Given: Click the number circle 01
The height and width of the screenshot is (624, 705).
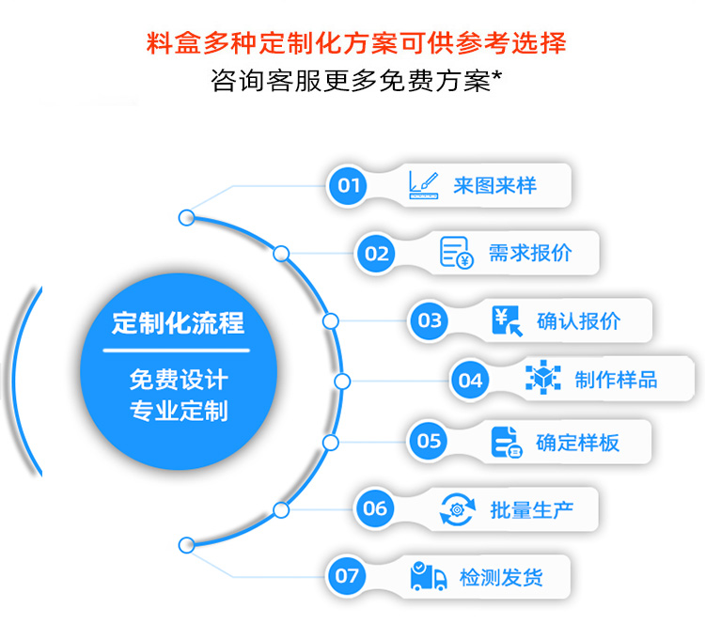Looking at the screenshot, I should coord(349,185).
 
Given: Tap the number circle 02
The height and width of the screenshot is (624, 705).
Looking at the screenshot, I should coord(376,253).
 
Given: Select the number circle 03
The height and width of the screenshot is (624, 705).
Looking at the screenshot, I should coord(430,320).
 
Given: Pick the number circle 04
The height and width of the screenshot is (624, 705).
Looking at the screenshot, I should coord(469,380).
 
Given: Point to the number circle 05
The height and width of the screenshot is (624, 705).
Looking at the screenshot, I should coord(429,440).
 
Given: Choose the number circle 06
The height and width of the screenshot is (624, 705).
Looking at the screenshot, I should coord(374,508).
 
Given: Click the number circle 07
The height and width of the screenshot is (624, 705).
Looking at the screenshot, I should coord(347,575).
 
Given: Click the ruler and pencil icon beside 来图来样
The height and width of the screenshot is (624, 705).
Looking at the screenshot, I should coord(423,184).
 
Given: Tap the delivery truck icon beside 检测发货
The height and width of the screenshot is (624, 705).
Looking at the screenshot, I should coord(429,575).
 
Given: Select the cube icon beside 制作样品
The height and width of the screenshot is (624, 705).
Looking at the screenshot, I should coord(543,380).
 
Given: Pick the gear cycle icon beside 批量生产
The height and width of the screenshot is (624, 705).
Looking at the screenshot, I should coord(458,508).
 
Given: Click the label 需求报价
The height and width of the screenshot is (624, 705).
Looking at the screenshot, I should coord(529,253).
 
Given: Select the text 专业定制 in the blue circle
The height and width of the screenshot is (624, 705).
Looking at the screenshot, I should coord(178,412).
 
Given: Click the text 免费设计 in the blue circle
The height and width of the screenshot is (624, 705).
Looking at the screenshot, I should coord(178,381).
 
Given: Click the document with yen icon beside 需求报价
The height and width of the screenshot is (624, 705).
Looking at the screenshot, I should coord(457,253).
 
